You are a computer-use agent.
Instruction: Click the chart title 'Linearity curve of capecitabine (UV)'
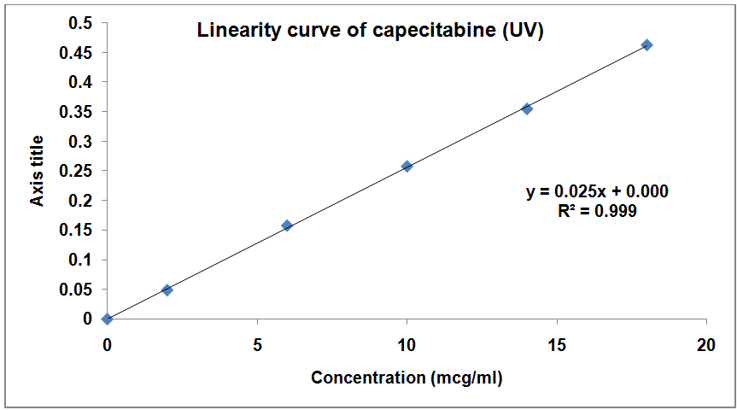371,32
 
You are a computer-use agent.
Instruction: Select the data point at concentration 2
167,290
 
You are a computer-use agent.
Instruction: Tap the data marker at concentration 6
287,225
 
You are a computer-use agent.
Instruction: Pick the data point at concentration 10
407,166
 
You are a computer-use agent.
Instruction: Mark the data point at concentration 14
527,108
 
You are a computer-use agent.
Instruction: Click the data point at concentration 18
647,44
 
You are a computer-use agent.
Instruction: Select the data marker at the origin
107,319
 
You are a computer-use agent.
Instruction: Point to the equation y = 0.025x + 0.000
597,191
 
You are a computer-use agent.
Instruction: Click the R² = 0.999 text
597,209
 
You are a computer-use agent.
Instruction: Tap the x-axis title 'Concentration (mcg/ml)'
407,378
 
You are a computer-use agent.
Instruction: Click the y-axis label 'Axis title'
38,170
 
